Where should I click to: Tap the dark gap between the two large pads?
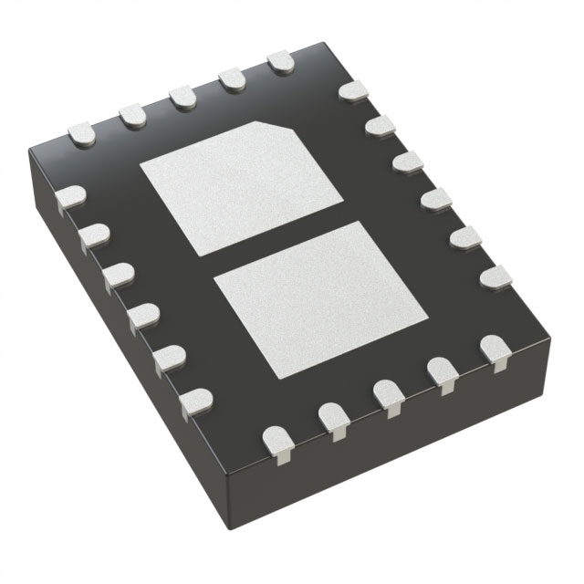[x=265, y=242]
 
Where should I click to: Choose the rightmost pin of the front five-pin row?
[x=496, y=349]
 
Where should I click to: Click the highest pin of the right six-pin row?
[x=352, y=92]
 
